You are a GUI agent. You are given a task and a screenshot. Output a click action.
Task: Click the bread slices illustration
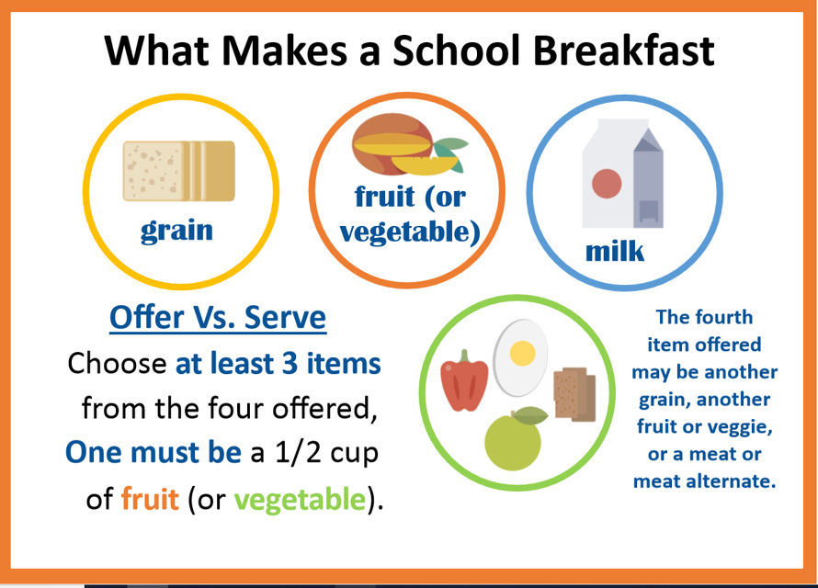click(x=179, y=171)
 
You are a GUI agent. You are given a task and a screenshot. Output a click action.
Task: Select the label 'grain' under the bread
click(x=176, y=230)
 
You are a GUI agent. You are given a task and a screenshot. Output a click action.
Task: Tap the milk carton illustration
click(x=622, y=176)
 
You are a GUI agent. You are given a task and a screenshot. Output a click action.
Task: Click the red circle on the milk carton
click(x=607, y=184)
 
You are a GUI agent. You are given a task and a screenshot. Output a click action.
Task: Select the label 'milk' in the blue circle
click(x=615, y=251)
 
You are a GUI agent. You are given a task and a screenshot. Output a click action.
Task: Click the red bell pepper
click(x=463, y=380)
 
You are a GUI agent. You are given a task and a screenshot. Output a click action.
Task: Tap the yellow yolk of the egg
click(x=522, y=352)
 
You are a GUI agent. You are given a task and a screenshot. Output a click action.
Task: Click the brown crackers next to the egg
click(x=575, y=393)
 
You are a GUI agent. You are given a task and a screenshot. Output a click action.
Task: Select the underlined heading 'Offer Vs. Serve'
click(x=217, y=318)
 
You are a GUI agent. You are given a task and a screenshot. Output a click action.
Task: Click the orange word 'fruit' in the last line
click(x=149, y=500)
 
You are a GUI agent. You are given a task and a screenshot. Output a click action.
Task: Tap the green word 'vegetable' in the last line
click(x=299, y=500)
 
